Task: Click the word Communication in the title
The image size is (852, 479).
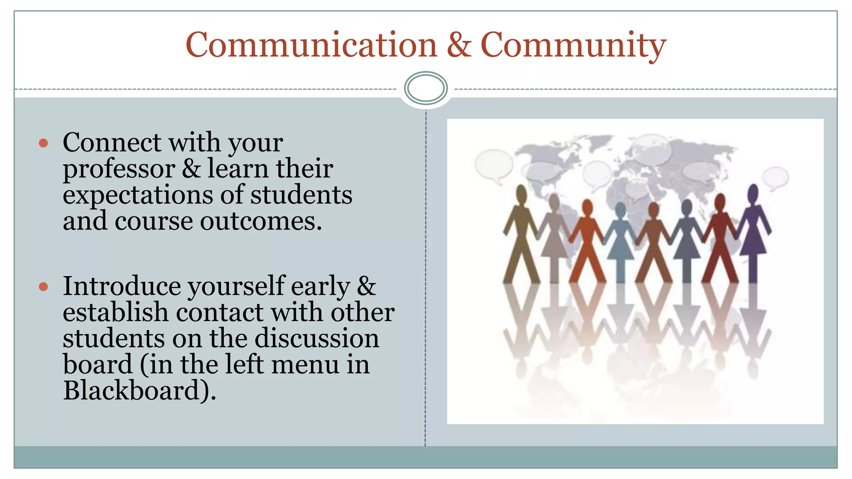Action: click(311, 45)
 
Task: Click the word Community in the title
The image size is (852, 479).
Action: click(573, 45)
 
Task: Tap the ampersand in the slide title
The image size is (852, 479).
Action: click(459, 45)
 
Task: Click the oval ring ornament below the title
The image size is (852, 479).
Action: click(426, 88)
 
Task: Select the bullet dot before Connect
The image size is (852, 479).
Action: click(43, 143)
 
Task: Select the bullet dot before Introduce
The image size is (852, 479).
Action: click(43, 286)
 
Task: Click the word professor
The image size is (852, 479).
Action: click(119, 169)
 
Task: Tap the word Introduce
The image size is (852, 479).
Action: click(122, 286)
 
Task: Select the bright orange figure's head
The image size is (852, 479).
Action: click(587, 207)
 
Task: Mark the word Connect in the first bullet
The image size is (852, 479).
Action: click(112, 143)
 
